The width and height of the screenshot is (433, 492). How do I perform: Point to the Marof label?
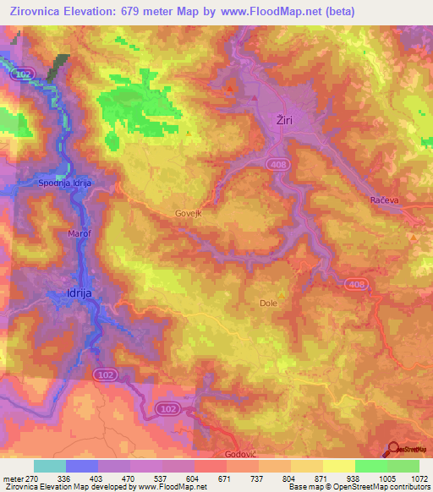(79, 231)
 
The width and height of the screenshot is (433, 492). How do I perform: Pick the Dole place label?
(268, 302)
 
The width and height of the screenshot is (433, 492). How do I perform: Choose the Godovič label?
(241, 454)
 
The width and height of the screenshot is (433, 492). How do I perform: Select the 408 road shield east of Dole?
(356, 285)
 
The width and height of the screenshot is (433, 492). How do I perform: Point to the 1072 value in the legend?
(409, 478)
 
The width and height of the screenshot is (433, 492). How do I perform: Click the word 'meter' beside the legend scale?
(13, 478)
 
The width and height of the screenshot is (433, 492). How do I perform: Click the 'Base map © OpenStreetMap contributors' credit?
(359, 487)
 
